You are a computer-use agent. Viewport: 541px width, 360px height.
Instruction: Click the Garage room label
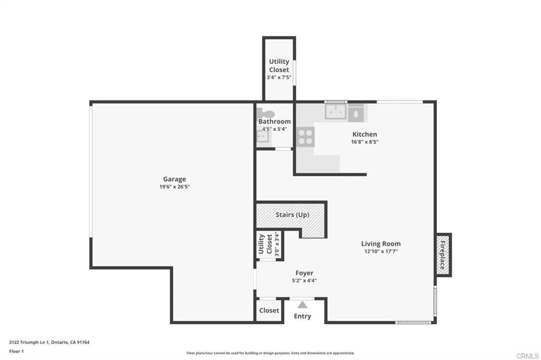pos(174,179)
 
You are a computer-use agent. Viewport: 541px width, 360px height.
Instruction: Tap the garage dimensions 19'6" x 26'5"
pos(174,187)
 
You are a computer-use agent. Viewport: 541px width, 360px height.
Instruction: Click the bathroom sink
pos(263,137)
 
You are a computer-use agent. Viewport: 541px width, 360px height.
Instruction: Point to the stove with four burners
pos(305,137)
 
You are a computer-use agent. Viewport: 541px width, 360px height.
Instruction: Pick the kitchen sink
pos(335,112)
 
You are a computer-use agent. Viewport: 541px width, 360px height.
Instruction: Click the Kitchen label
pos(365,134)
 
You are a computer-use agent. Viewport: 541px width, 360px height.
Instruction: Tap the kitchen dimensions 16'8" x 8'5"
pos(365,142)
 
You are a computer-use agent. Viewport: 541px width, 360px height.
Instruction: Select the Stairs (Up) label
pos(292,215)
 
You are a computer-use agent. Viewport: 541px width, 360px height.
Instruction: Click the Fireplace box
pos(443,254)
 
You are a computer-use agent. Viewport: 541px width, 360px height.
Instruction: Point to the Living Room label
pos(380,244)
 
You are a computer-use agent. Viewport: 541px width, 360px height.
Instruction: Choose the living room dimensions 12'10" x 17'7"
pos(380,252)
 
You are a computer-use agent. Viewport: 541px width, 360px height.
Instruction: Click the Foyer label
pos(304,273)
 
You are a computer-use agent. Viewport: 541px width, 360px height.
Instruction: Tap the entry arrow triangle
pos(302,305)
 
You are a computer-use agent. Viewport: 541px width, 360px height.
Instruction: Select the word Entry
pos(302,316)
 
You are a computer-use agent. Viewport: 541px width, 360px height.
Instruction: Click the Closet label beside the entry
pos(269,310)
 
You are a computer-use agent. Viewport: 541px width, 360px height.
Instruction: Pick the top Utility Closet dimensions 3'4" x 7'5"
pos(279,78)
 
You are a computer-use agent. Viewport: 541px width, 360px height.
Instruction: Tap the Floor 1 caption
pos(16,351)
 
